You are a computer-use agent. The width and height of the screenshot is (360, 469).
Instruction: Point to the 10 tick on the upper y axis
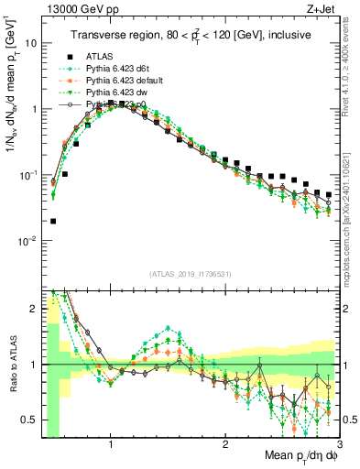click(31, 43)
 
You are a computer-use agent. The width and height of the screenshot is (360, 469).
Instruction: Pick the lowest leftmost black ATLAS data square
click(54, 221)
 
